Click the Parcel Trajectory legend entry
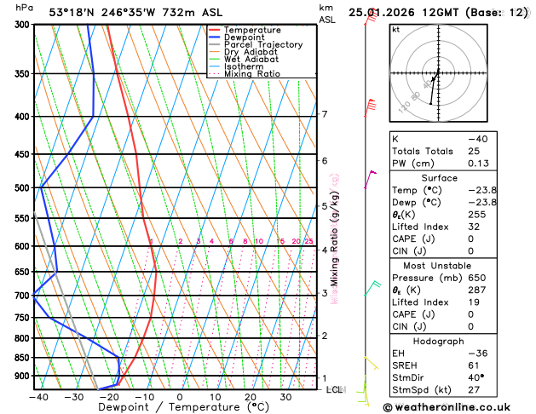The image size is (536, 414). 262,44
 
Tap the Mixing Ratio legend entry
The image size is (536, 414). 252,73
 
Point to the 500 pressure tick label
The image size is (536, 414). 22,187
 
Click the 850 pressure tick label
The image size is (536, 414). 22,358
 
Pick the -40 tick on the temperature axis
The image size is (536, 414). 37,397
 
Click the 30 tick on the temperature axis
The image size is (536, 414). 286,397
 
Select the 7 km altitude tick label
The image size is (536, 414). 325,114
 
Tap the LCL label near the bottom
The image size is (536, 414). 335,389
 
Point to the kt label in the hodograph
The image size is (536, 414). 395,29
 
